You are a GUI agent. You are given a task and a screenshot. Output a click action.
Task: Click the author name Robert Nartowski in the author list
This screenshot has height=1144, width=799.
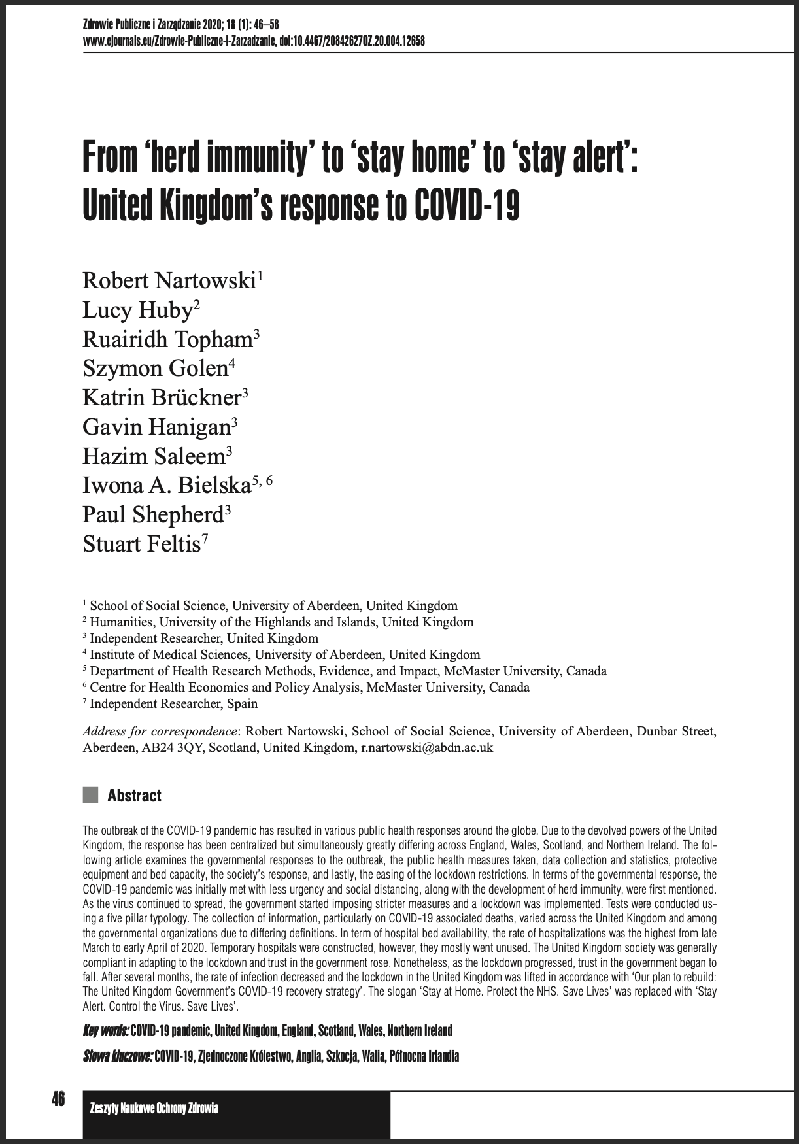click(169, 281)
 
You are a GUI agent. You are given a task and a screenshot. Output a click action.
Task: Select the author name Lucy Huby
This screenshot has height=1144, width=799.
click(136, 311)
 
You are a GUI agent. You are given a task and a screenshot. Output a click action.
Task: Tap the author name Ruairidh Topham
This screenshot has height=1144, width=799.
click(167, 340)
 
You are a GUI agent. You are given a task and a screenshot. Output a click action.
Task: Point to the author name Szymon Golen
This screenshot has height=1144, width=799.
click(154, 369)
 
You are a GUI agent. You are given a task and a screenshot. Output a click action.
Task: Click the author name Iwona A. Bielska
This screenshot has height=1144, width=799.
click(167, 486)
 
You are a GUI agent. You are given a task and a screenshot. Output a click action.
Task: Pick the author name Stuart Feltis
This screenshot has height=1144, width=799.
click(141, 544)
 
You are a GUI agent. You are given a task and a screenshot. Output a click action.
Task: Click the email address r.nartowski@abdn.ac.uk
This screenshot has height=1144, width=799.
click(427, 748)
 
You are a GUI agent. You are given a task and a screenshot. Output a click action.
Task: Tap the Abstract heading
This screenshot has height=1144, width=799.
click(134, 796)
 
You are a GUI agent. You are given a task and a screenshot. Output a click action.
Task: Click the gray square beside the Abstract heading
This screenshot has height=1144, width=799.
click(90, 796)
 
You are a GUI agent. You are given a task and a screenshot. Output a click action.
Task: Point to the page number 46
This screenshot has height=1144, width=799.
click(59, 1100)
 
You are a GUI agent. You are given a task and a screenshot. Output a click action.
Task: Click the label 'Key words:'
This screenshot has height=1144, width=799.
click(105, 1031)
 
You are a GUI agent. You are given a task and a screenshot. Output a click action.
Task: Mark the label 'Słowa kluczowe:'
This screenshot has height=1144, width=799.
click(118, 1056)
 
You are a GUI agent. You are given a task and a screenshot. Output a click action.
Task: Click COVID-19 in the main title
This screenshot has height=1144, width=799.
click(467, 206)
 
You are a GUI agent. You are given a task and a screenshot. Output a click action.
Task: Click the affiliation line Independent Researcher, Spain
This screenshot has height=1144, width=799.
click(173, 704)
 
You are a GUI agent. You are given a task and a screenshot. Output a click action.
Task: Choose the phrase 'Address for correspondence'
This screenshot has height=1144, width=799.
click(160, 732)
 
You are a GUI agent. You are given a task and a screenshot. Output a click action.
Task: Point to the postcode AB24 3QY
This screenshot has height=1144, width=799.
click(173, 748)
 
